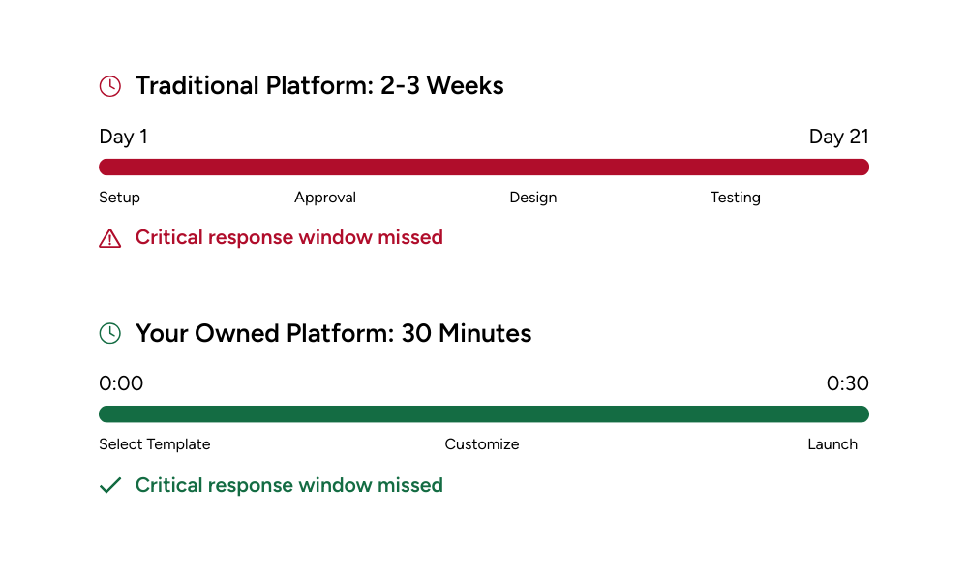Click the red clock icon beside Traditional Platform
pyautogui.click(x=110, y=86)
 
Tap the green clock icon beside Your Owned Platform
pyautogui.click(x=110, y=333)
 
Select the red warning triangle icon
pyautogui.click(x=110, y=238)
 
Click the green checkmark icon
pyautogui.click(x=110, y=485)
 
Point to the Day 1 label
pyautogui.click(x=124, y=137)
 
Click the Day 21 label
pyautogui.click(x=839, y=137)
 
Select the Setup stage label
pyautogui.click(x=120, y=198)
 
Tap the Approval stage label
pyautogui.click(x=325, y=198)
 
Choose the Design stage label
pyautogui.click(x=533, y=198)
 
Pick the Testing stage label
pyautogui.click(x=736, y=198)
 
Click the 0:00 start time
pyautogui.click(x=121, y=383)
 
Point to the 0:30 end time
pyautogui.click(x=848, y=383)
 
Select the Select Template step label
pyautogui.click(x=155, y=444)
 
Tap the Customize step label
pyautogui.click(x=482, y=444)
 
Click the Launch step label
pyautogui.click(x=832, y=444)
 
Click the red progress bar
pyautogui.click(x=484, y=167)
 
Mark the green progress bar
pyautogui.click(x=484, y=414)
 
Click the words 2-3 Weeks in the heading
pyautogui.click(x=442, y=86)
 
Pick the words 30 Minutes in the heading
pyautogui.click(x=467, y=333)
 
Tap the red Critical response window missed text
pyautogui.click(x=288, y=237)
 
